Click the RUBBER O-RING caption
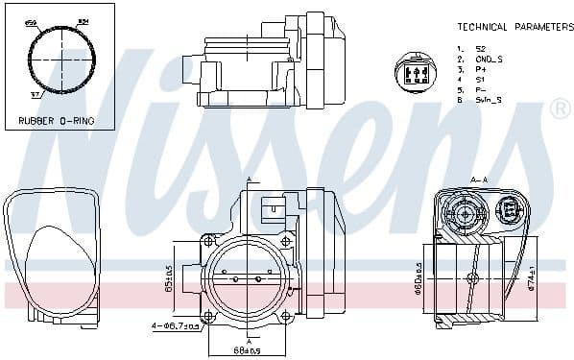58,122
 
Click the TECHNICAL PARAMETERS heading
514,27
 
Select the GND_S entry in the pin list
489,59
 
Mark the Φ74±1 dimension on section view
532,276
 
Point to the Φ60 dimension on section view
419,278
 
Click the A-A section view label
479,180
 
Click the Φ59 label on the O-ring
31,22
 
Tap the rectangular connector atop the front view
272,204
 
